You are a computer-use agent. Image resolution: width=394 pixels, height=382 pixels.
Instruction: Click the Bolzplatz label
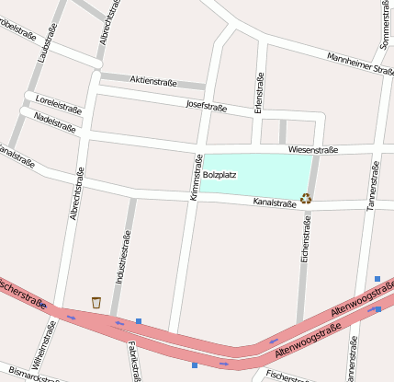coord(220,174)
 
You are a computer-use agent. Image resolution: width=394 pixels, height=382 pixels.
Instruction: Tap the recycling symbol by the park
coord(306,197)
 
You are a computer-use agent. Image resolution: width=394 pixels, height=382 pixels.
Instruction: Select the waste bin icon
coord(96,302)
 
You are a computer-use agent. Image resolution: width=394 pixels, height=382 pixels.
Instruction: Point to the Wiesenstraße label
coord(313,150)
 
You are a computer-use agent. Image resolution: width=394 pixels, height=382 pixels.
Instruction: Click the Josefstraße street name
coord(206,106)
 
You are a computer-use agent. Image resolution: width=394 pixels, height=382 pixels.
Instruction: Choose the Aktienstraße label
coord(152,81)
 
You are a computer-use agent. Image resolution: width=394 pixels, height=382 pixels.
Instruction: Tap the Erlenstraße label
coord(260,95)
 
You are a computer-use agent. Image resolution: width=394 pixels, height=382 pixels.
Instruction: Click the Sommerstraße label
coord(384,24)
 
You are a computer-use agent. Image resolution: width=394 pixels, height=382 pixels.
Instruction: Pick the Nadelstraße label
coord(54,122)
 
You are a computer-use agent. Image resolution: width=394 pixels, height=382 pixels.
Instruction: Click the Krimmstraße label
coord(196,178)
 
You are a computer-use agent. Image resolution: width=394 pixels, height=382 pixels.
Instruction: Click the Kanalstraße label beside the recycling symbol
coord(275,201)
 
